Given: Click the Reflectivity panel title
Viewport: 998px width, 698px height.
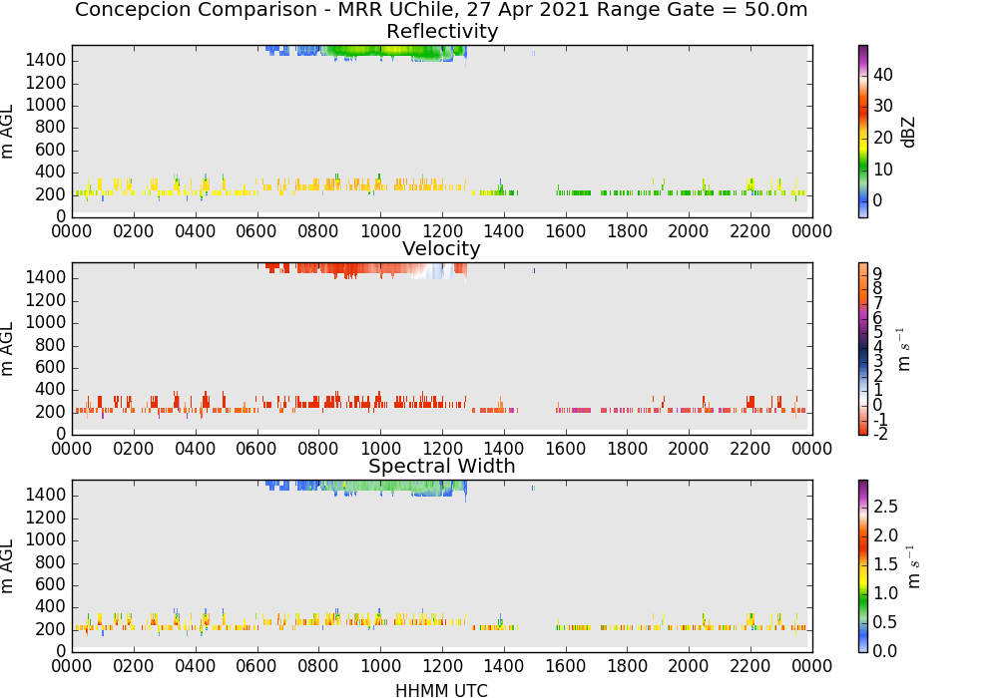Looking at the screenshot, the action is tap(442, 31).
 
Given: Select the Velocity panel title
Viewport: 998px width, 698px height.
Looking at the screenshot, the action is tap(441, 248).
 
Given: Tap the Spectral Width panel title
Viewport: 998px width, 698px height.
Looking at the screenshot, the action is tap(442, 466).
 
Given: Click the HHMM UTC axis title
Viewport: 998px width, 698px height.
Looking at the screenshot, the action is tap(441, 690).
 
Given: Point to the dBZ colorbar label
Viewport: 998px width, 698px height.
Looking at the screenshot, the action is tap(908, 133).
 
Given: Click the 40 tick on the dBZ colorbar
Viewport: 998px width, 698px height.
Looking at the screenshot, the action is tap(883, 75).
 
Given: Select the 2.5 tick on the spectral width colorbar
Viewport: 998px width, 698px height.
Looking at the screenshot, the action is tap(885, 506).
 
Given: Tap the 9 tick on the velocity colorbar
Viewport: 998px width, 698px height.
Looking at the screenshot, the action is tap(877, 274).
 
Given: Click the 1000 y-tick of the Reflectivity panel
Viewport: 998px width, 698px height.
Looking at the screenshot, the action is tap(46, 105).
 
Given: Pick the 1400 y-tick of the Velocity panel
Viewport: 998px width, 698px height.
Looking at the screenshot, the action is tap(46, 277).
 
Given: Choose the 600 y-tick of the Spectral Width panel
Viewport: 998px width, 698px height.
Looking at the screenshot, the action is tap(51, 584).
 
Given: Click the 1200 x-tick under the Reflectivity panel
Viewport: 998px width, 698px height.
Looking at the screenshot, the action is tap(442, 231).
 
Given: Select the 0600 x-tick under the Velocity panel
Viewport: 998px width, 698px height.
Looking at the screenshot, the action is tap(256, 449).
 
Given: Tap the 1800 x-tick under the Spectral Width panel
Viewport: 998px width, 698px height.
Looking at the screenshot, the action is tap(627, 666).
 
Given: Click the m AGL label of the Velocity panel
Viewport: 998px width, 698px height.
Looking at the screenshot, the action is tap(8, 349).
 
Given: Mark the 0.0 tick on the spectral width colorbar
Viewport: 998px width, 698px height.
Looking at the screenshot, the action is tap(885, 650).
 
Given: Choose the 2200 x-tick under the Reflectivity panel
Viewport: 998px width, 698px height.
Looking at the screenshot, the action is tap(750, 231).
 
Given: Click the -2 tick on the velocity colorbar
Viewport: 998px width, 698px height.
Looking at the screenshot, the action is tap(879, 434).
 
